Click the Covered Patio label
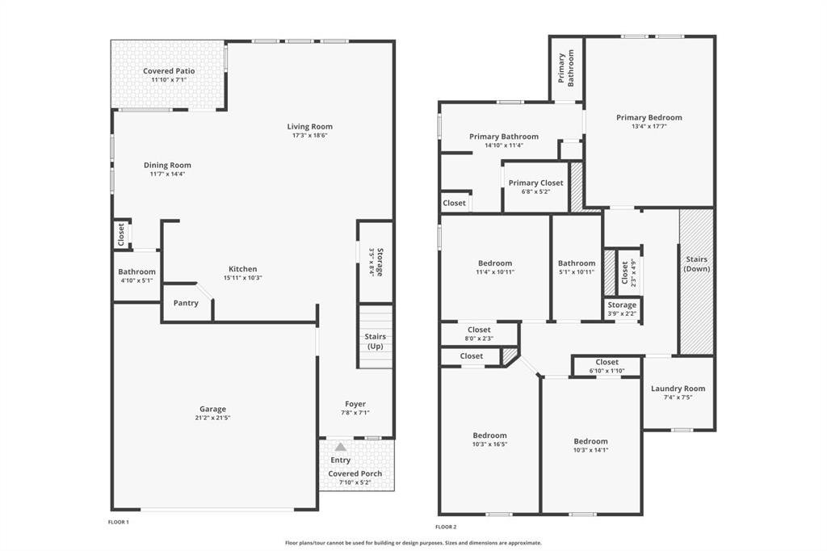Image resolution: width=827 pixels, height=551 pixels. point(169,71)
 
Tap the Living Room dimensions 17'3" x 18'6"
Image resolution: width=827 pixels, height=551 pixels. point(309,135)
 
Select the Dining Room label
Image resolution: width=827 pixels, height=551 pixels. point(167,165)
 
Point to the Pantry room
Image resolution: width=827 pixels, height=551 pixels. point(186,303)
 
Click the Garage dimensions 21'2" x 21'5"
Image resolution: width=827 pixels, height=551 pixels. point(213,418)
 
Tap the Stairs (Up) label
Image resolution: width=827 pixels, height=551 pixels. point(375,341)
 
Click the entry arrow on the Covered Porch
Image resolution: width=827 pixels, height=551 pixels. point(341,446)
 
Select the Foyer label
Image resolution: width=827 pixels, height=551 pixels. point(355,404)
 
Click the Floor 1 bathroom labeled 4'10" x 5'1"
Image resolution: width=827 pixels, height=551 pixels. point(136,275)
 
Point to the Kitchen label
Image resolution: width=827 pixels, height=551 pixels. point(242,269)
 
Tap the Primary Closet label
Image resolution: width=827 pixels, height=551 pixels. point(535,183)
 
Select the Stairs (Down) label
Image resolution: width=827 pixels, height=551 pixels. point(696,263)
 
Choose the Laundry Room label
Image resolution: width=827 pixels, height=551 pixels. point(678,389)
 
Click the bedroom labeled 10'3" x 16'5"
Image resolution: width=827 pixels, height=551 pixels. point(489,440)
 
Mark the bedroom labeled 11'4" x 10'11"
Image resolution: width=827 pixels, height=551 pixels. point(495,267)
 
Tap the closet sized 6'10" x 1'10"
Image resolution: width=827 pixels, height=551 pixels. point(607,366)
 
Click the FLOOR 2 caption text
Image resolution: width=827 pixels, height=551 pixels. point(446,527)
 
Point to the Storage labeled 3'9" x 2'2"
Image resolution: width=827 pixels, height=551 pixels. point(622,309)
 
